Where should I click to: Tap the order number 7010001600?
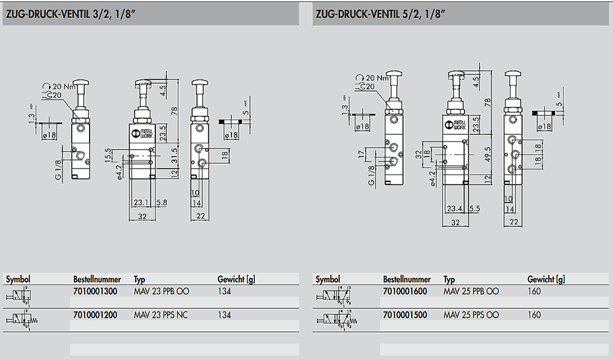click(x=405, y=292)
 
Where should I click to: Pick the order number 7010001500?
click(x=405, y=315)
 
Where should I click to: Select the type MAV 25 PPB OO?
click(x=471, y=292)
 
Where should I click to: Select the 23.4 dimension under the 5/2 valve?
click(x=454, y=208)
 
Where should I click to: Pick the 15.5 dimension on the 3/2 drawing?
click(x=108, y=155)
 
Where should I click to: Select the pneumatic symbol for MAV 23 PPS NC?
click(x=22, y=317)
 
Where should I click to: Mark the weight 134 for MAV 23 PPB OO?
click(x=225, y=292)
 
